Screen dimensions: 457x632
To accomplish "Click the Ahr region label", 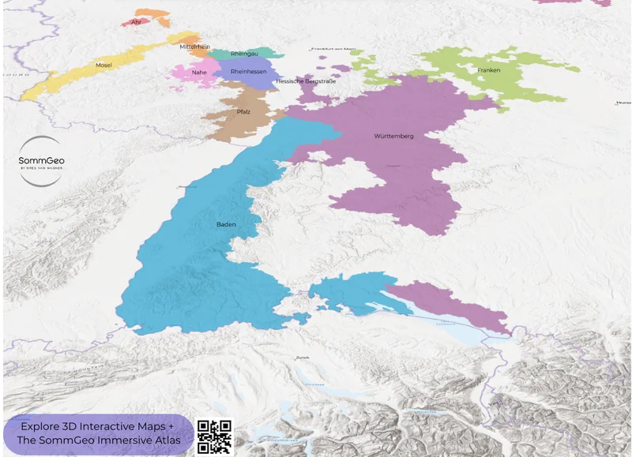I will (136, 22).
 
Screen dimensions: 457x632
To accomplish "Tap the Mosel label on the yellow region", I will (103, 65).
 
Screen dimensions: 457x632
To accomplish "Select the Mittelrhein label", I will (194, 47).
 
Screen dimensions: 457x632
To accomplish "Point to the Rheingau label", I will (244, 54).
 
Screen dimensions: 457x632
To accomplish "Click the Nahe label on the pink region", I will (199, 72).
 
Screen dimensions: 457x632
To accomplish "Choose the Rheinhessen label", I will (248, 71).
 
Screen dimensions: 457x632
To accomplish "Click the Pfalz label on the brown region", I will (243, 112).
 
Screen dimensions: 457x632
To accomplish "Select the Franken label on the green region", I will (488, 71).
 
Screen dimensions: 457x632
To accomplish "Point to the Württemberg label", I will (393, 137).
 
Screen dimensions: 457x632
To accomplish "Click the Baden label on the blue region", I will (226, 225).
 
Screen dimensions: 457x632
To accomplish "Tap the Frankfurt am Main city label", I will (333, 49).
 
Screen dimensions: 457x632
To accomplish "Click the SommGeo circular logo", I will (41, 161).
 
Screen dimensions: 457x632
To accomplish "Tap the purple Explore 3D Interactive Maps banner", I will (99, 434).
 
